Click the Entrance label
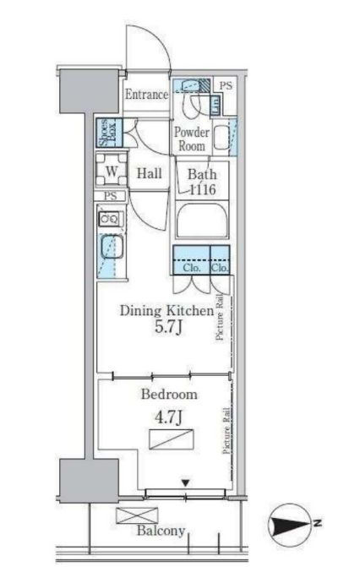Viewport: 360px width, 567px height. (x=146, y=95)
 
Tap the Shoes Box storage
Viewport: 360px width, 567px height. (x=109, y=133)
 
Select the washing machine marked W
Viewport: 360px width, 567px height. (x=112, y=170)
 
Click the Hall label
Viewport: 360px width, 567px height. (x=149, y=173)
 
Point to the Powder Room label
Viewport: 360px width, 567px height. (x=192, y=139)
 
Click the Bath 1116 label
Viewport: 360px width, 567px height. (x=202, y=182)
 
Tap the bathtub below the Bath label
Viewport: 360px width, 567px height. (x=202, y=221)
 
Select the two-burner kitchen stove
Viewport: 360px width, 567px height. (x=110, y=219)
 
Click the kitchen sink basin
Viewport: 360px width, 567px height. (x=112, y=247)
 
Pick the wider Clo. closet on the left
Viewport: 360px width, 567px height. (x=191, y=260)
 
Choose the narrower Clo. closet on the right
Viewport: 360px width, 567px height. (x=220, y=260)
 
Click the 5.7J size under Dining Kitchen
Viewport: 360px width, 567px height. (x=168, y=327)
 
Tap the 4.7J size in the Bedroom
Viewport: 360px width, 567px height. (x=168, y=417)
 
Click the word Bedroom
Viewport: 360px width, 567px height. (x=169, y=394)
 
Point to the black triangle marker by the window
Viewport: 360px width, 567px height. (x=186, y=482)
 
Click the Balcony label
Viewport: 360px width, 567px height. (x=161, y=531)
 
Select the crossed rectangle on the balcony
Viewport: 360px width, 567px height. (x=137, y=515)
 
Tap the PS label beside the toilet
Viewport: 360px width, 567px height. (x=226, y=85)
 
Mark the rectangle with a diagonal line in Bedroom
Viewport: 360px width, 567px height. (x=172, y=439)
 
